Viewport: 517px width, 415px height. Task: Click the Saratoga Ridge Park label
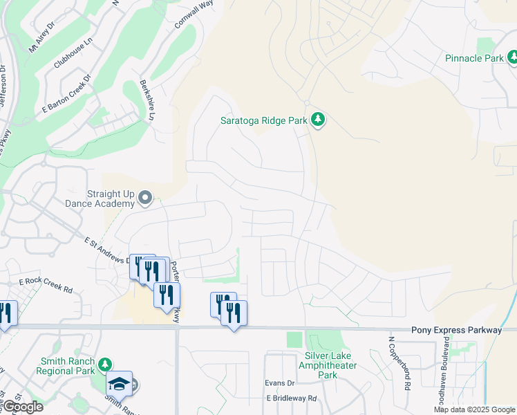pos(263,120)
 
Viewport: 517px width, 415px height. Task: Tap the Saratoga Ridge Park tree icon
pos(318,120)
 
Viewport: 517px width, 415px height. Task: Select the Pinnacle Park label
pos(474,58)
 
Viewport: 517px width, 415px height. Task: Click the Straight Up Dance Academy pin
pos(145,199)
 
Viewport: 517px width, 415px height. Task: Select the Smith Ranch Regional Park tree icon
pos(104,365)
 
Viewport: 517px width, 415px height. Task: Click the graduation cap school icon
pos(119,383)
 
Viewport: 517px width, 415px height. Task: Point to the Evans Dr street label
pos(279,382)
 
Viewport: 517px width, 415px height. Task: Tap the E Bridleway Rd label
pos(291,398)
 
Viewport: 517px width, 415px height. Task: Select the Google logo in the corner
pos(22,407)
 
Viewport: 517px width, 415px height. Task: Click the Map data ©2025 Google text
pos(475,409)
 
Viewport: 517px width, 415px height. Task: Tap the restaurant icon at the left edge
pos(5,313)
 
